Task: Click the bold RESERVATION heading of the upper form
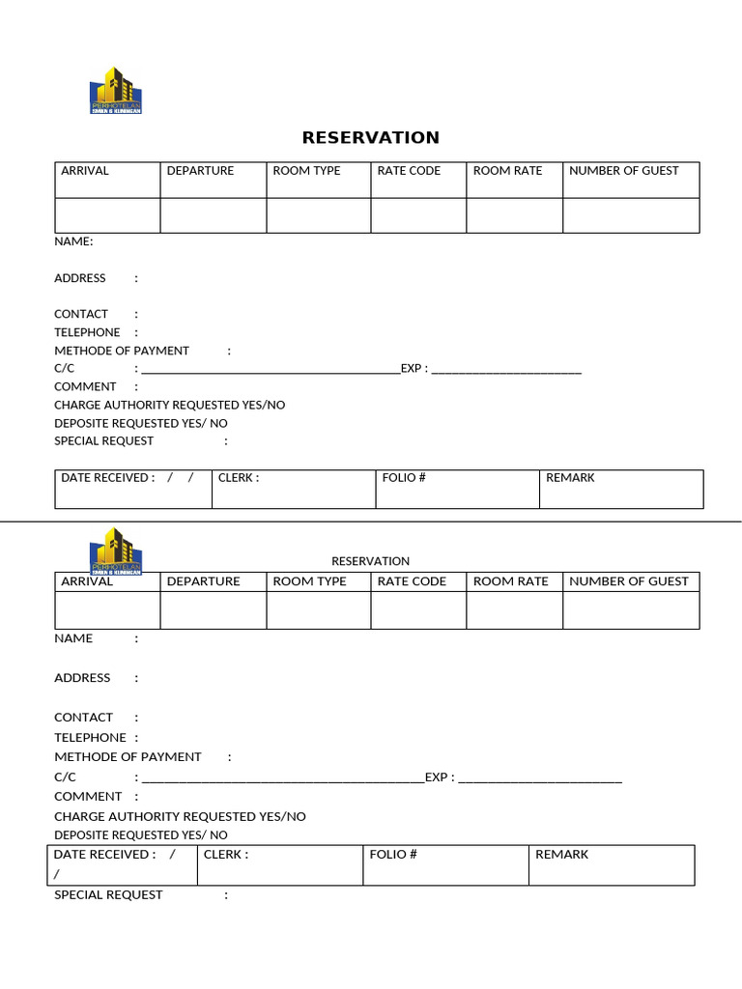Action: (x=370, y=137)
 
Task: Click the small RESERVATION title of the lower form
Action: (x=370, y=561)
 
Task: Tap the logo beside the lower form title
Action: (x=115, y=551)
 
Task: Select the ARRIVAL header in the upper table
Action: (x=85, y=171)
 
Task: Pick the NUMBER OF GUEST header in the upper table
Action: (x=623, y=171)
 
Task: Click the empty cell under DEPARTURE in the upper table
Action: (x=213, y=215)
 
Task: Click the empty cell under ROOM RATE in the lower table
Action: (x=514, y=610)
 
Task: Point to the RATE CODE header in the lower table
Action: (x=412, y=581)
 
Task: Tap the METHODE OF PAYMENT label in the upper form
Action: (x=122, y=351)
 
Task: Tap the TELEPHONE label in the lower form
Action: (x=90, y=738)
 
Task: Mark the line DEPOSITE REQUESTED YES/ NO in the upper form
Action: (x=141, y=423)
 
